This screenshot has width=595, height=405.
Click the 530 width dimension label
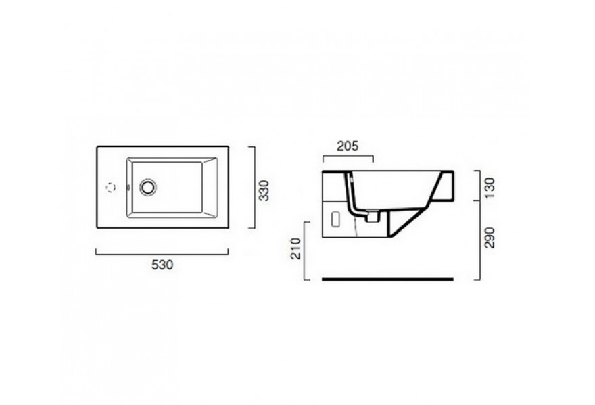click(162, 265)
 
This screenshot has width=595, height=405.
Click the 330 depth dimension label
click(263, 190)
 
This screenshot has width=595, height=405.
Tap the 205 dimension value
click(348, 146)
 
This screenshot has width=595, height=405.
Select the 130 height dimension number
click(490, 188)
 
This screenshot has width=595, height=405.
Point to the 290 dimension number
click(490, 238)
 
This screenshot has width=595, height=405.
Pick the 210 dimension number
click(295, 248)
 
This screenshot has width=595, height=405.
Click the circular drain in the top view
click(147, 187)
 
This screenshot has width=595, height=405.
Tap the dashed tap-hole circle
click(110, 187)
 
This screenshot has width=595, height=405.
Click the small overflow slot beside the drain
click(128, 187)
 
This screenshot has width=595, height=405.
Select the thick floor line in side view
click(387, 279)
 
